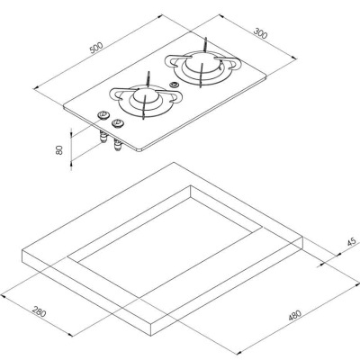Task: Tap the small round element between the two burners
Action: coord(173,87)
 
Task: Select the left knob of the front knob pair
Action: coord(103,113)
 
